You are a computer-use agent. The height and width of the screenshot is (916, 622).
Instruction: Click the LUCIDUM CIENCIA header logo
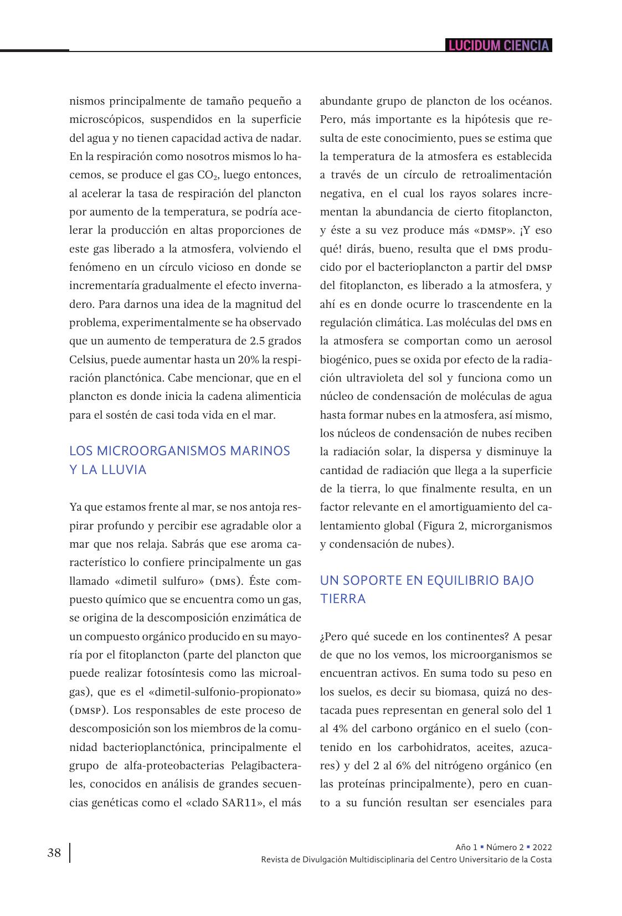(x=499, y=45)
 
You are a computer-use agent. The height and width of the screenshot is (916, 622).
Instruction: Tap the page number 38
(x=54, y=853)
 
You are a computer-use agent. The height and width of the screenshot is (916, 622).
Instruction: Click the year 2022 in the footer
(x=542, y=847)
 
